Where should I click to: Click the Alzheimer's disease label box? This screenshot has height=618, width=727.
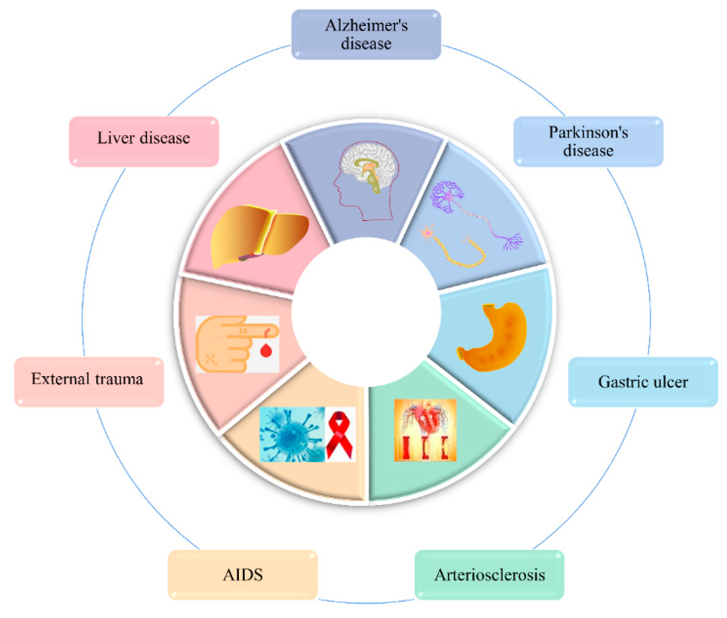point(366,34)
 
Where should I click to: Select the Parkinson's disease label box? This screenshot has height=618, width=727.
point(588,141)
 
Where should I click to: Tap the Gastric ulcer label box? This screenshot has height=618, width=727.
point(642,381)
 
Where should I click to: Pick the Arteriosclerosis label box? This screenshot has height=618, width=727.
point(489,575)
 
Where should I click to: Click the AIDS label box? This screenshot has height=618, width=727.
point(242,575)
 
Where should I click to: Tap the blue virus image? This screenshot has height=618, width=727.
point(292,434)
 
